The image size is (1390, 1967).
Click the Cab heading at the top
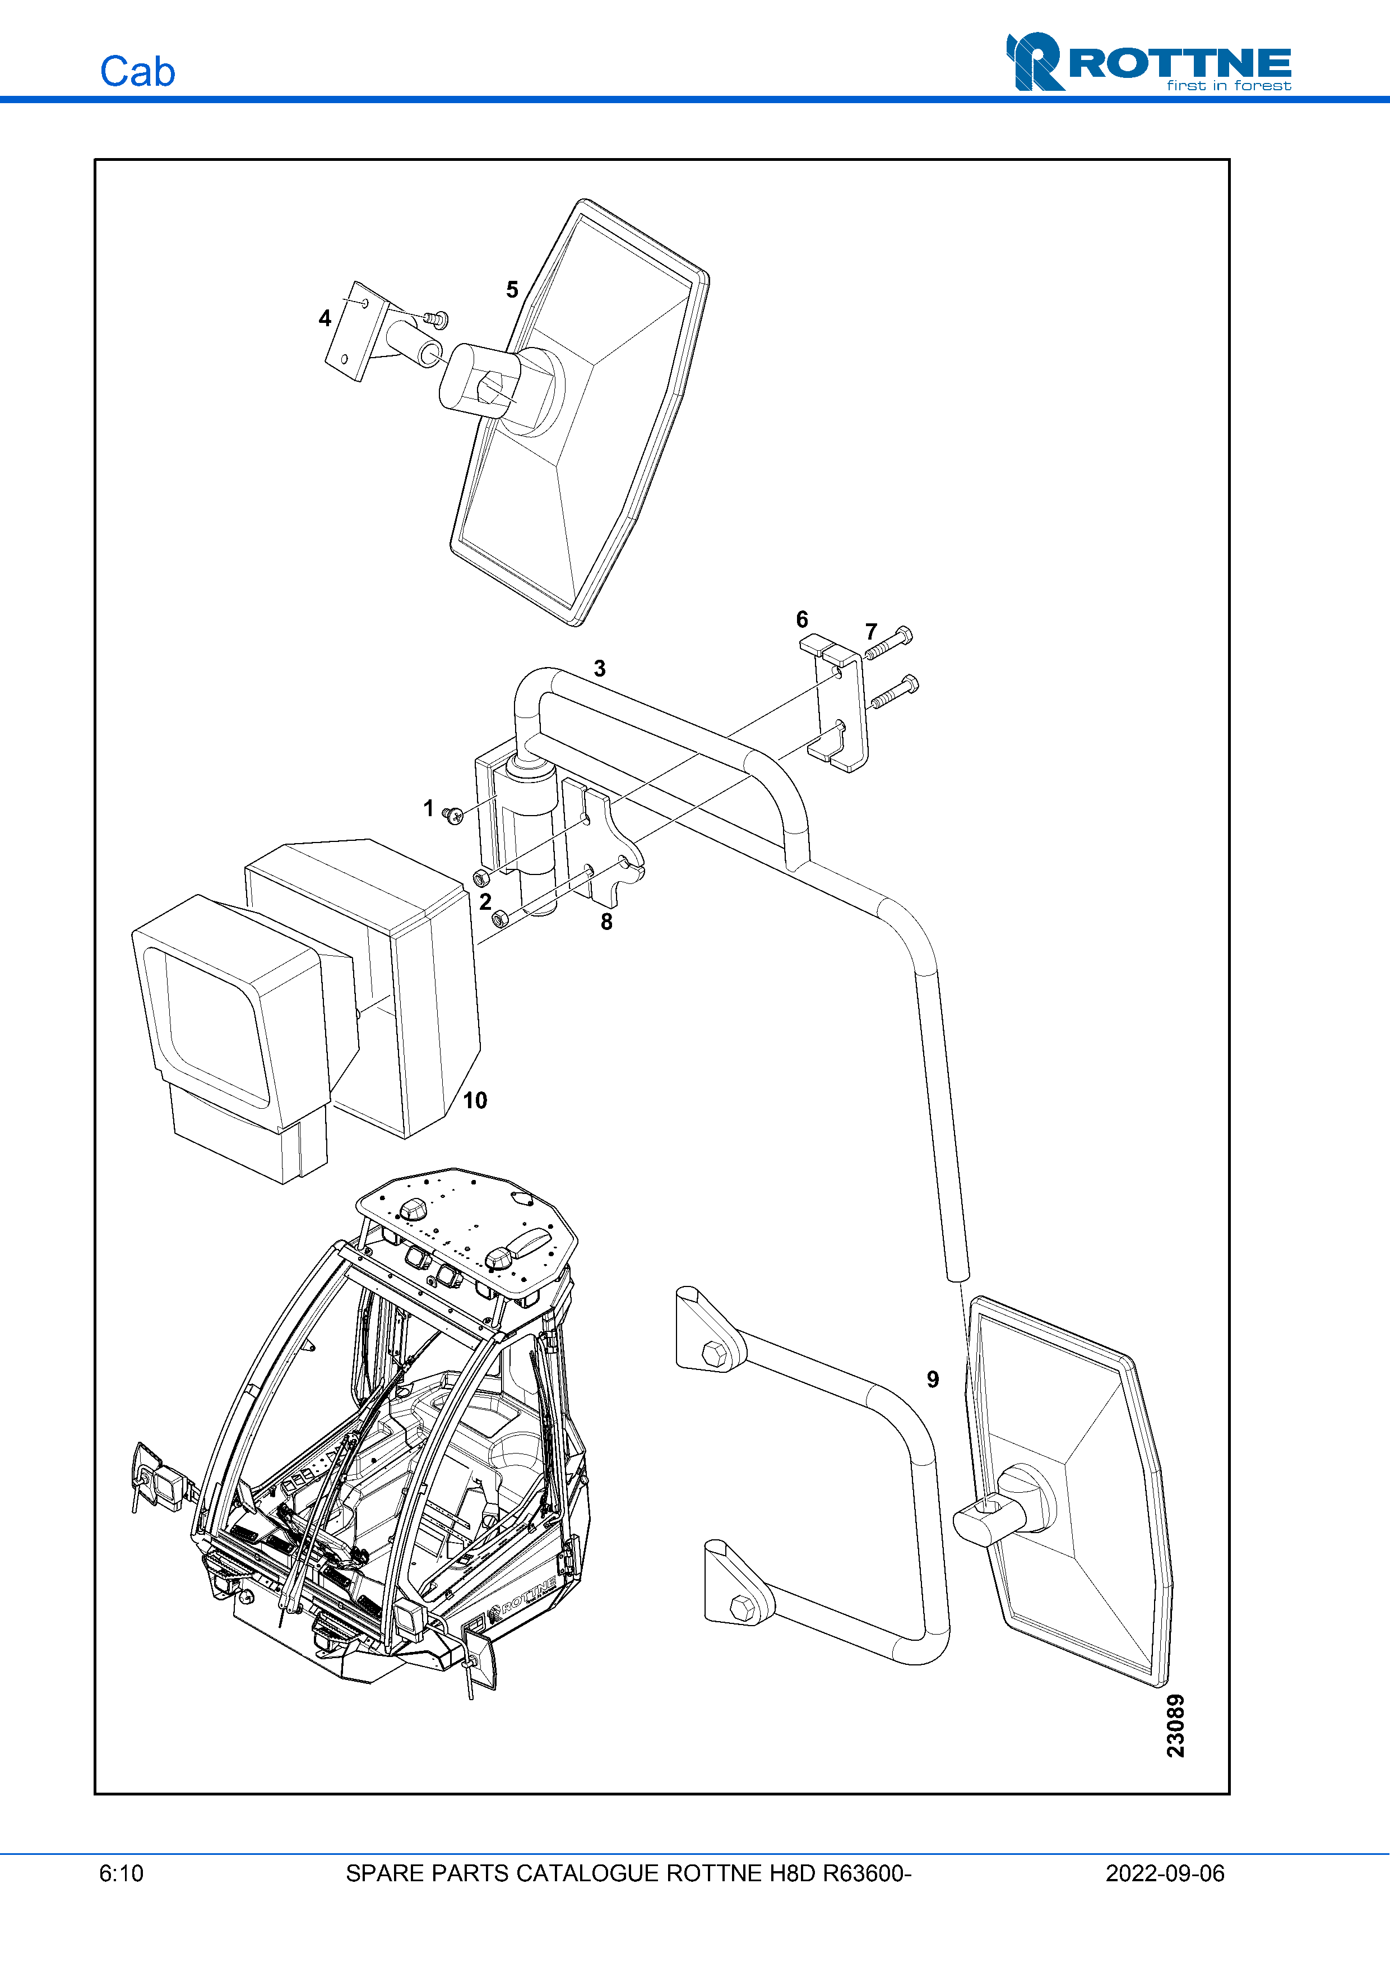click(x=137, y=71)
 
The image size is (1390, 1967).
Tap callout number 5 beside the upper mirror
click(x=512, y=290)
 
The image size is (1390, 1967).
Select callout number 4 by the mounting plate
click(x=325, y=319)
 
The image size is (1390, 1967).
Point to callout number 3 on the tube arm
click(x=600, y=668)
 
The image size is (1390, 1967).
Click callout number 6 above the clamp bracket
click(x=801, y=619)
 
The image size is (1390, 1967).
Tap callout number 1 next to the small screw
click(x=428, y=808)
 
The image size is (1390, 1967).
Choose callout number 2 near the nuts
click(x=485, y=901)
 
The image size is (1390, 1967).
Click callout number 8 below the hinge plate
click(x=606, y=922)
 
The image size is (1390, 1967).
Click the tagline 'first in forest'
click(x=1228, y=86)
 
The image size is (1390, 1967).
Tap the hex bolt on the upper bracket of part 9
click(x=713, y=1354)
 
